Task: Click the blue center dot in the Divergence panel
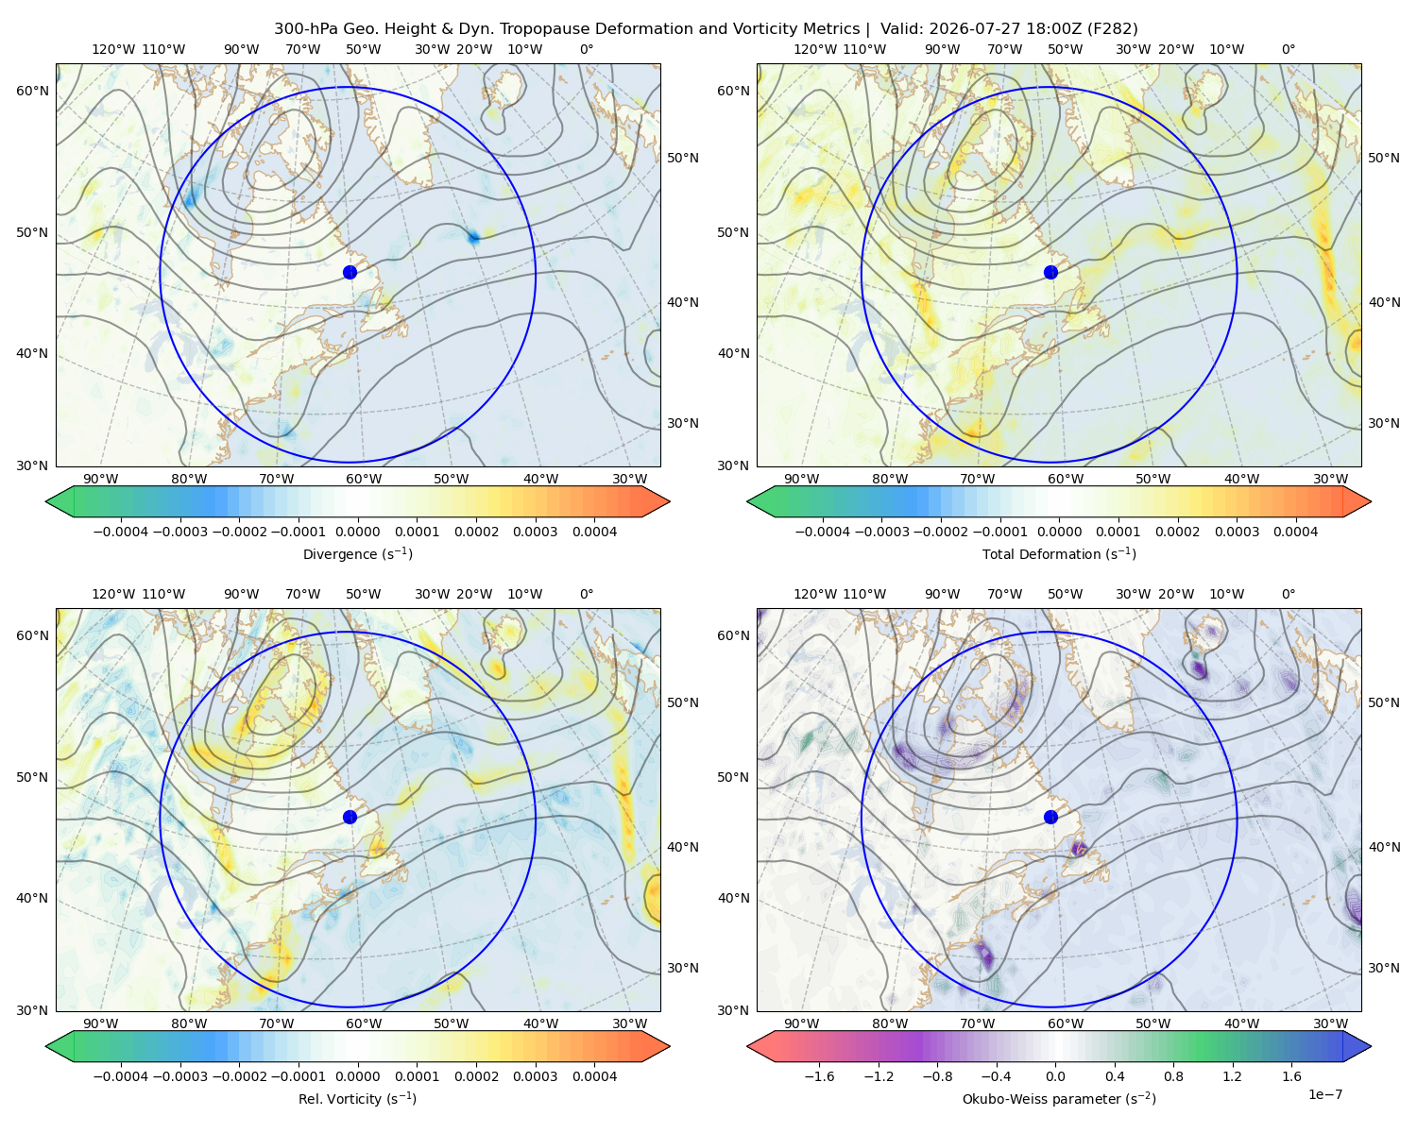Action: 350,273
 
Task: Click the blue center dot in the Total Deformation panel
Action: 1050,273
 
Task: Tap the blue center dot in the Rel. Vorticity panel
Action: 350,817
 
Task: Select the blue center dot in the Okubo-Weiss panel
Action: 1050,817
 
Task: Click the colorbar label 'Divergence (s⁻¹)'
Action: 357,554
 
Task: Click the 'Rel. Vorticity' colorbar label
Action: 357,1099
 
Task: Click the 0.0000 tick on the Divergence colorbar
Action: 357,532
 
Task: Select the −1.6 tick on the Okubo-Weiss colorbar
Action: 820,1076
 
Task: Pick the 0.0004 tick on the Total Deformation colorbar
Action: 1296,532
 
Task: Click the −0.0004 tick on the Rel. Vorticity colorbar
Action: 121,1076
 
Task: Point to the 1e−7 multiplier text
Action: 1324,1095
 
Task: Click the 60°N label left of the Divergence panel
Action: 32,91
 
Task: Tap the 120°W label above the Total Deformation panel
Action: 814,49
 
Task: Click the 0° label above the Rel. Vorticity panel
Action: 587,594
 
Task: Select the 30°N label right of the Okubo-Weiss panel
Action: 1383,968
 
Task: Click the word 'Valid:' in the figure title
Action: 901,29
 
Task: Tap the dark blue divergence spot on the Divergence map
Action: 473,237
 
